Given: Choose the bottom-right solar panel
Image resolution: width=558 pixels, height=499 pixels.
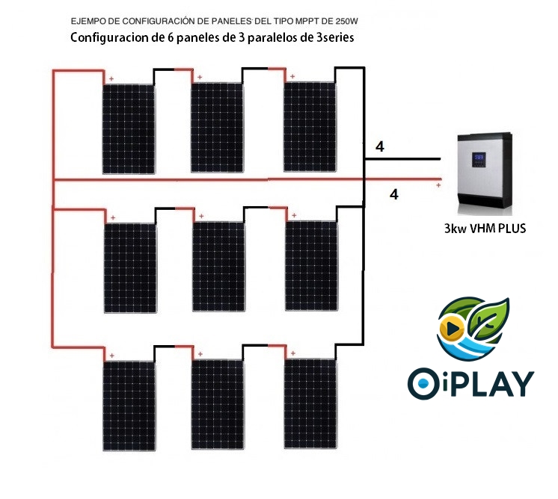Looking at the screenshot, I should point(310,403).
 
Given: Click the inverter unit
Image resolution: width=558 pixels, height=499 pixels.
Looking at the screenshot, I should point(485,171).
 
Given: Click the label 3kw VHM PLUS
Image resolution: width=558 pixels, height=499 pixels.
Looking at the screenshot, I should point(485,229).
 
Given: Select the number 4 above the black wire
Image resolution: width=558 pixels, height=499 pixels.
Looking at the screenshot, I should point(380,147).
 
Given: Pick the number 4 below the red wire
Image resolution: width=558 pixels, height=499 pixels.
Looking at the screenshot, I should point(395,195).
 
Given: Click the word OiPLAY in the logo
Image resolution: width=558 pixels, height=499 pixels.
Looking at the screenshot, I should point(471,382).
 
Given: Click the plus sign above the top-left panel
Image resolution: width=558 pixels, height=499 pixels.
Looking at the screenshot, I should point(111,78).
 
